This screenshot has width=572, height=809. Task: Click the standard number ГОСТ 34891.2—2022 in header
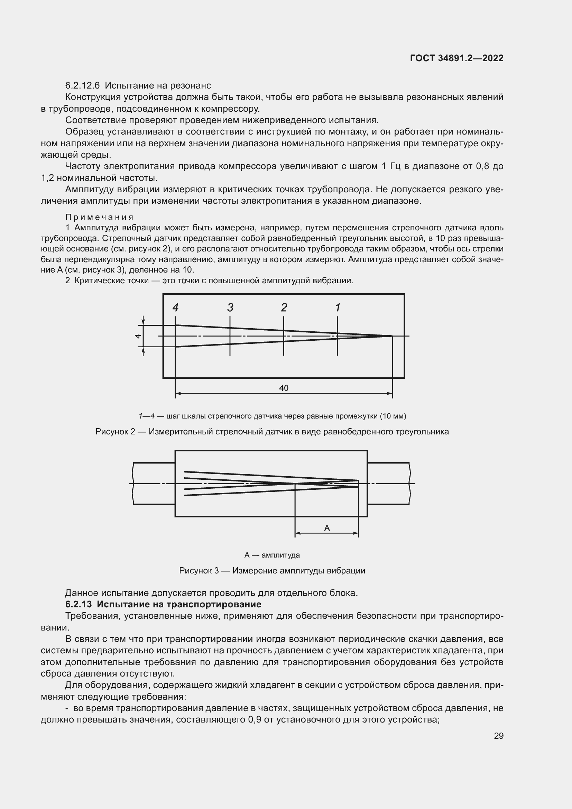[456, 58]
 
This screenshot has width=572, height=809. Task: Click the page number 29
[498, 736]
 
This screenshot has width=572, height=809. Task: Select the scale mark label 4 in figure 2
[175, 307]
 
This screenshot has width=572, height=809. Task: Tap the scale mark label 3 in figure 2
[230, 307]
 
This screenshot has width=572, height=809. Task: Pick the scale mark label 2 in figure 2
[284, 307]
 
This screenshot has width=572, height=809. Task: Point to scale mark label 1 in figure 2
[338, 307]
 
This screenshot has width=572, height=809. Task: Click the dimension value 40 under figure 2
[284, 388]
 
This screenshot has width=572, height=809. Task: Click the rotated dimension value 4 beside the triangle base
[138, 336]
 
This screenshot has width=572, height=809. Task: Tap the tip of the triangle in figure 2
[392, 336]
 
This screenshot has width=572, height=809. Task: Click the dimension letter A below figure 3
[326, 528]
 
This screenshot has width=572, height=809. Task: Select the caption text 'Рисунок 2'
[115, 432]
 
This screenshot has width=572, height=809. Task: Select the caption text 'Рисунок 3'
[199, 570]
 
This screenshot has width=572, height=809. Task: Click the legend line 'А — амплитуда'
[272, 555]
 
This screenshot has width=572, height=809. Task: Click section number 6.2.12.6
[83, 86]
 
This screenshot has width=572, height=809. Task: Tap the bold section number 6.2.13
[79, 604]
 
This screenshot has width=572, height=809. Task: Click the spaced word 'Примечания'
[99, 218]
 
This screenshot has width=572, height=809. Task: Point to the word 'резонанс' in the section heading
[191, 86]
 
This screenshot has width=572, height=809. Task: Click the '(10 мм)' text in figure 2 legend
[393, 416]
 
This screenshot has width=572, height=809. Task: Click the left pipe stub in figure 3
[154, 484]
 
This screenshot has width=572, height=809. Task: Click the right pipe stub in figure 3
[388, 484]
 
